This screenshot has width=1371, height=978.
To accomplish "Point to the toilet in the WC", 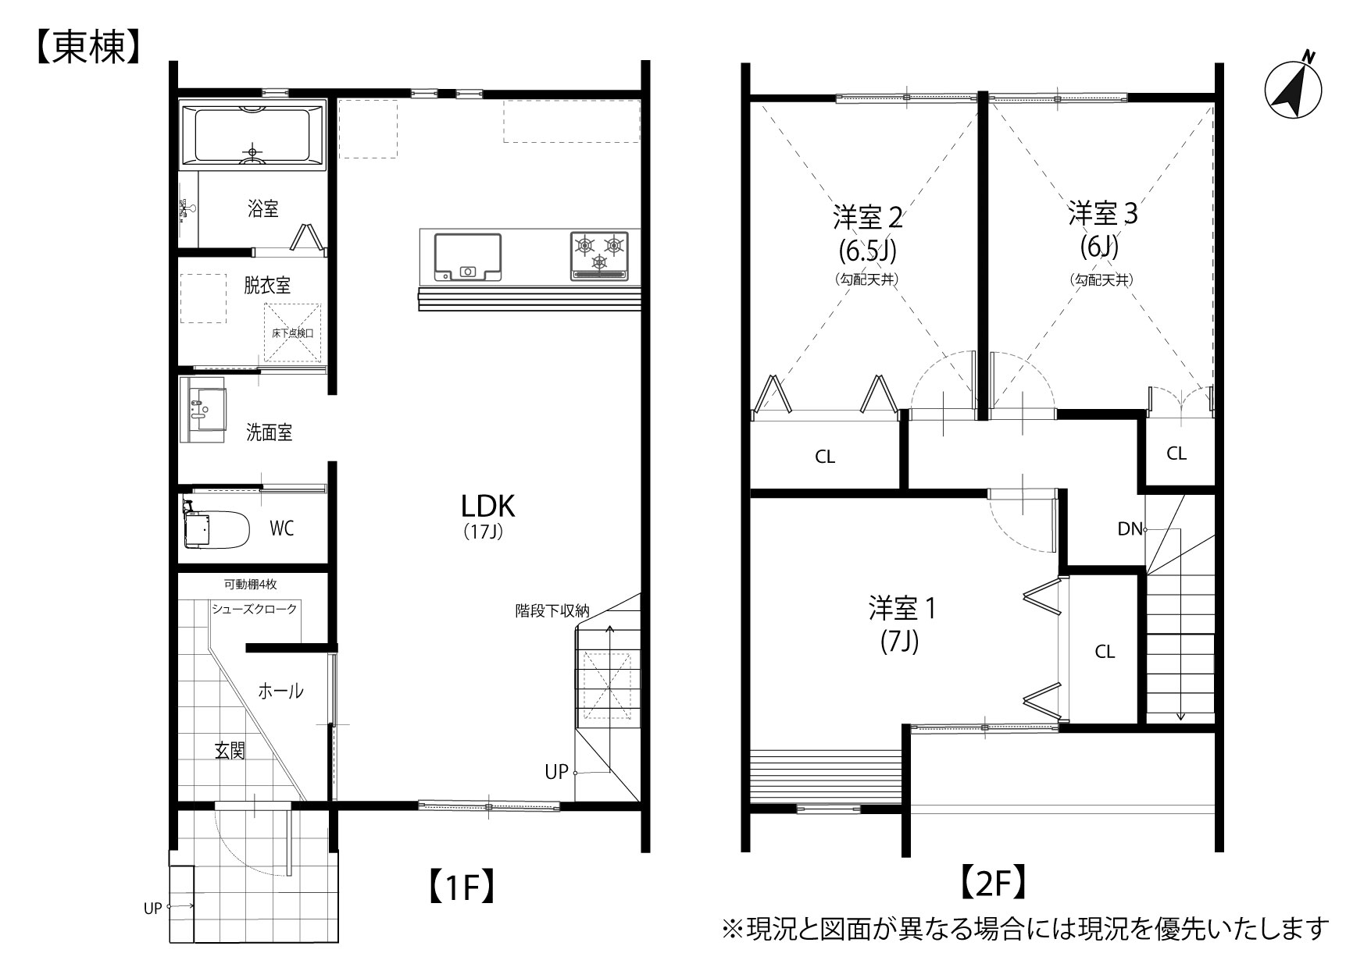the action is (x=215, y=529).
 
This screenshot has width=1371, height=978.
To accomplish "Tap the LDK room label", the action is (x=487, y=507).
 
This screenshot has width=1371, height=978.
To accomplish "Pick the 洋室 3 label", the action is (x=1103, y=213).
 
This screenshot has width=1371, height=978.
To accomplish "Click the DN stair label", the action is (x=1130, y=528).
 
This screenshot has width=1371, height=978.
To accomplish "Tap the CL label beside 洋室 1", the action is (x=1105, y=652).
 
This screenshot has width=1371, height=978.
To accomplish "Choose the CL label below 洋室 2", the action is (x=825, y=457).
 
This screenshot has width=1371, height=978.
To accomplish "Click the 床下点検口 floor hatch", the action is (x=292, y=333).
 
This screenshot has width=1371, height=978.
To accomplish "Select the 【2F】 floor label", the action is (x=990, y=883).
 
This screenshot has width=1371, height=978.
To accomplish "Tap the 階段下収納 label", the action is (x=552, y=610).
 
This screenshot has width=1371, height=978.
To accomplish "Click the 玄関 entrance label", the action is (x=230, y=751).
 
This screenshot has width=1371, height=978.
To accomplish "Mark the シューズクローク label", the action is (x=254, y=609).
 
